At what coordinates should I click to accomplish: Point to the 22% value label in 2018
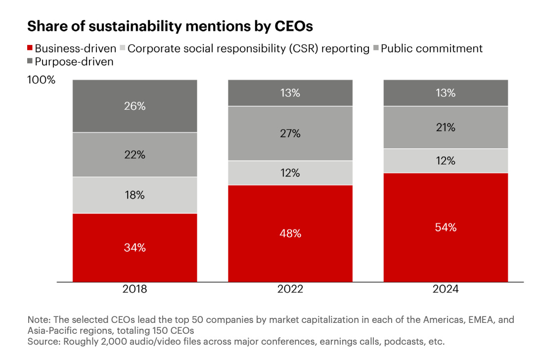pos(135,155)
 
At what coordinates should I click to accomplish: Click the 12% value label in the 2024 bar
pos(446,161)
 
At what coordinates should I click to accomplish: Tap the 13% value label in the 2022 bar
pos(290,92)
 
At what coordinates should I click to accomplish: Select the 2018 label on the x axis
pos(135,289)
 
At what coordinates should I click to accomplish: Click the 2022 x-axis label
pos(290,289)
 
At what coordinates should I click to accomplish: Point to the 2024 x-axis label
pos(446,289)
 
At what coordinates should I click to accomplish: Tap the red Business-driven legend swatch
pos(30,48)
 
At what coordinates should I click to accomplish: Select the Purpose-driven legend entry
pos(74,62)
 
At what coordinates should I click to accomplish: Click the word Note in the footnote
pos(37,320)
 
